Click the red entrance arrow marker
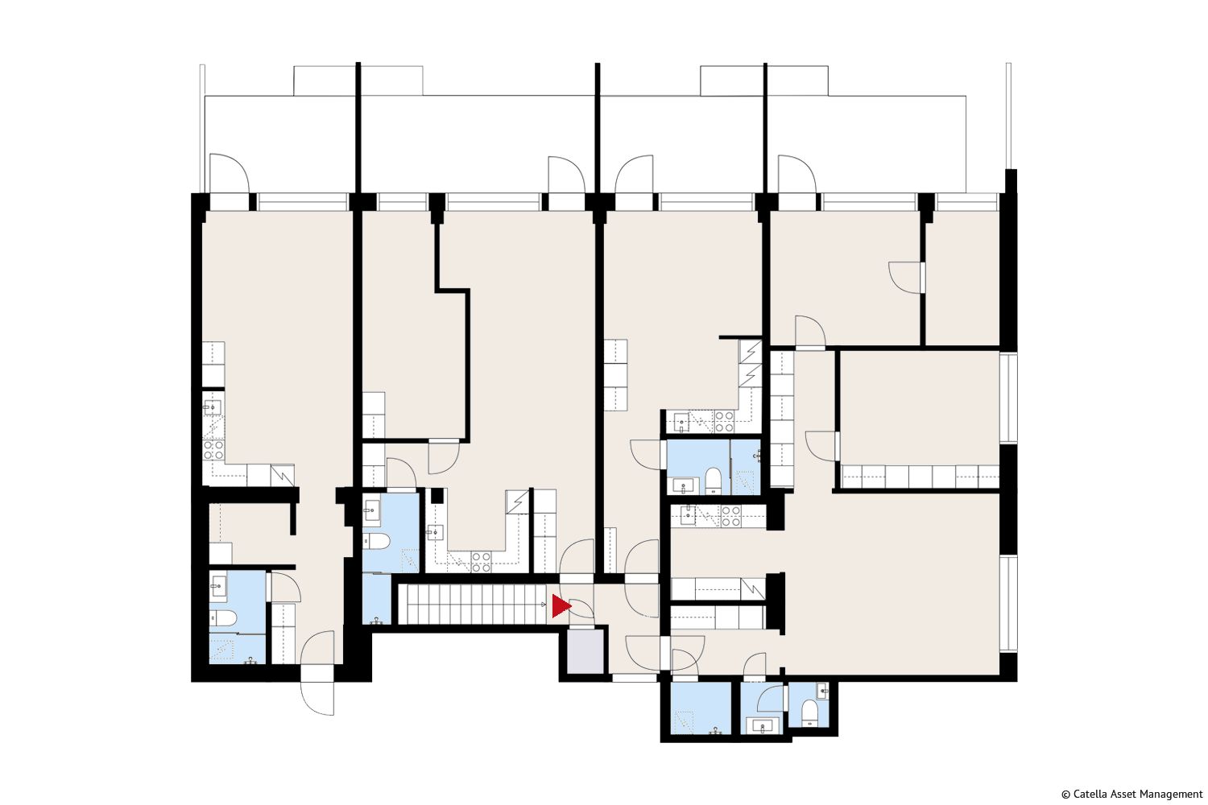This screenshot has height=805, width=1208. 561,607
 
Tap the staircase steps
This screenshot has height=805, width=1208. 473,604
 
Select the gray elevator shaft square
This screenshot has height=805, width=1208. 585,651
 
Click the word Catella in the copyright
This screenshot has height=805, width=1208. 1090,795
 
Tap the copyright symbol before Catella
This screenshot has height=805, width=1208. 1065,795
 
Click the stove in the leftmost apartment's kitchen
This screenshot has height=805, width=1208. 213,450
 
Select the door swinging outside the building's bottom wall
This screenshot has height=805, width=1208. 317,698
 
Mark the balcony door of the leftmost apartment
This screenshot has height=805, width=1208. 230,174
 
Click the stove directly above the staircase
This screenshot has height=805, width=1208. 481,561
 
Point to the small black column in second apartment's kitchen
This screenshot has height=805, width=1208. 436,496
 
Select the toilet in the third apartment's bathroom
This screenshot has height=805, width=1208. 714,481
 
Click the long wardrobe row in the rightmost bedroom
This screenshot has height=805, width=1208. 920,477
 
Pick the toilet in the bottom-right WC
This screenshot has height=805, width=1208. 809,712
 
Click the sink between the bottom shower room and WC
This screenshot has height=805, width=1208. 763,726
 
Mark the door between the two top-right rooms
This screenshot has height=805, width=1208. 907,278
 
